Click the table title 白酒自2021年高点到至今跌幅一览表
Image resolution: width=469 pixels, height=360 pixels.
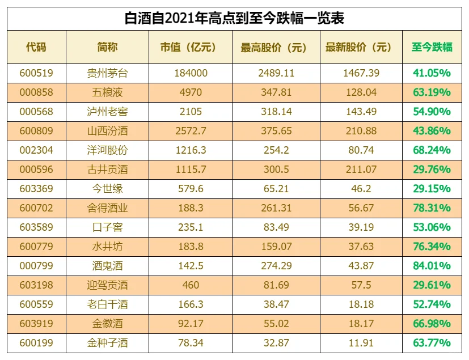coord(234,18)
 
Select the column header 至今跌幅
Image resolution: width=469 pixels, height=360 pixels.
coord(432,47)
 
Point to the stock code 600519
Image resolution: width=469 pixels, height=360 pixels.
coord(36,73)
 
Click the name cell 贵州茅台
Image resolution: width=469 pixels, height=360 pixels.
coord(107,73)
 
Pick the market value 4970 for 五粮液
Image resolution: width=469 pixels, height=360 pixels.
coord(191,92)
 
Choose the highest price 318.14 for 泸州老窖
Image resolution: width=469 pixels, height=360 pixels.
coord(276,112)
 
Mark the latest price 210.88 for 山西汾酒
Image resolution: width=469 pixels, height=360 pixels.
coord(361,131)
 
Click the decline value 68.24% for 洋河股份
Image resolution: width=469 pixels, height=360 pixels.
coord(432,150)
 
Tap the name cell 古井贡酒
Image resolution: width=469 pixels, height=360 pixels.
coord(107,170)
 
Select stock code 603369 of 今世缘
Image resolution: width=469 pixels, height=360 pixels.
coord(36,189)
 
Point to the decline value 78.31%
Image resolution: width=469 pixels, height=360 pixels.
coord(432,208)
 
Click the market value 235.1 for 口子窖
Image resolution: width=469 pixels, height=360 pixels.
coord(191,227)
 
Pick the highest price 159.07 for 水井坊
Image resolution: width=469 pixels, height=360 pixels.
coord(276,247)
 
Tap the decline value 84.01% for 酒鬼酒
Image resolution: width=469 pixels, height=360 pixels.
coord(432,266)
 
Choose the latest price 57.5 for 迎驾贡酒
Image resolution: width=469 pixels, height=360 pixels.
coord(361,285)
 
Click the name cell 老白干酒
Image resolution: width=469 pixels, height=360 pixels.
coord(107,304)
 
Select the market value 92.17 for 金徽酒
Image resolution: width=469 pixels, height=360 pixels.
coord(191,324)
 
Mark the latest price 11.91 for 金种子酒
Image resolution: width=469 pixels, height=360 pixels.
coord(361,343)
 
